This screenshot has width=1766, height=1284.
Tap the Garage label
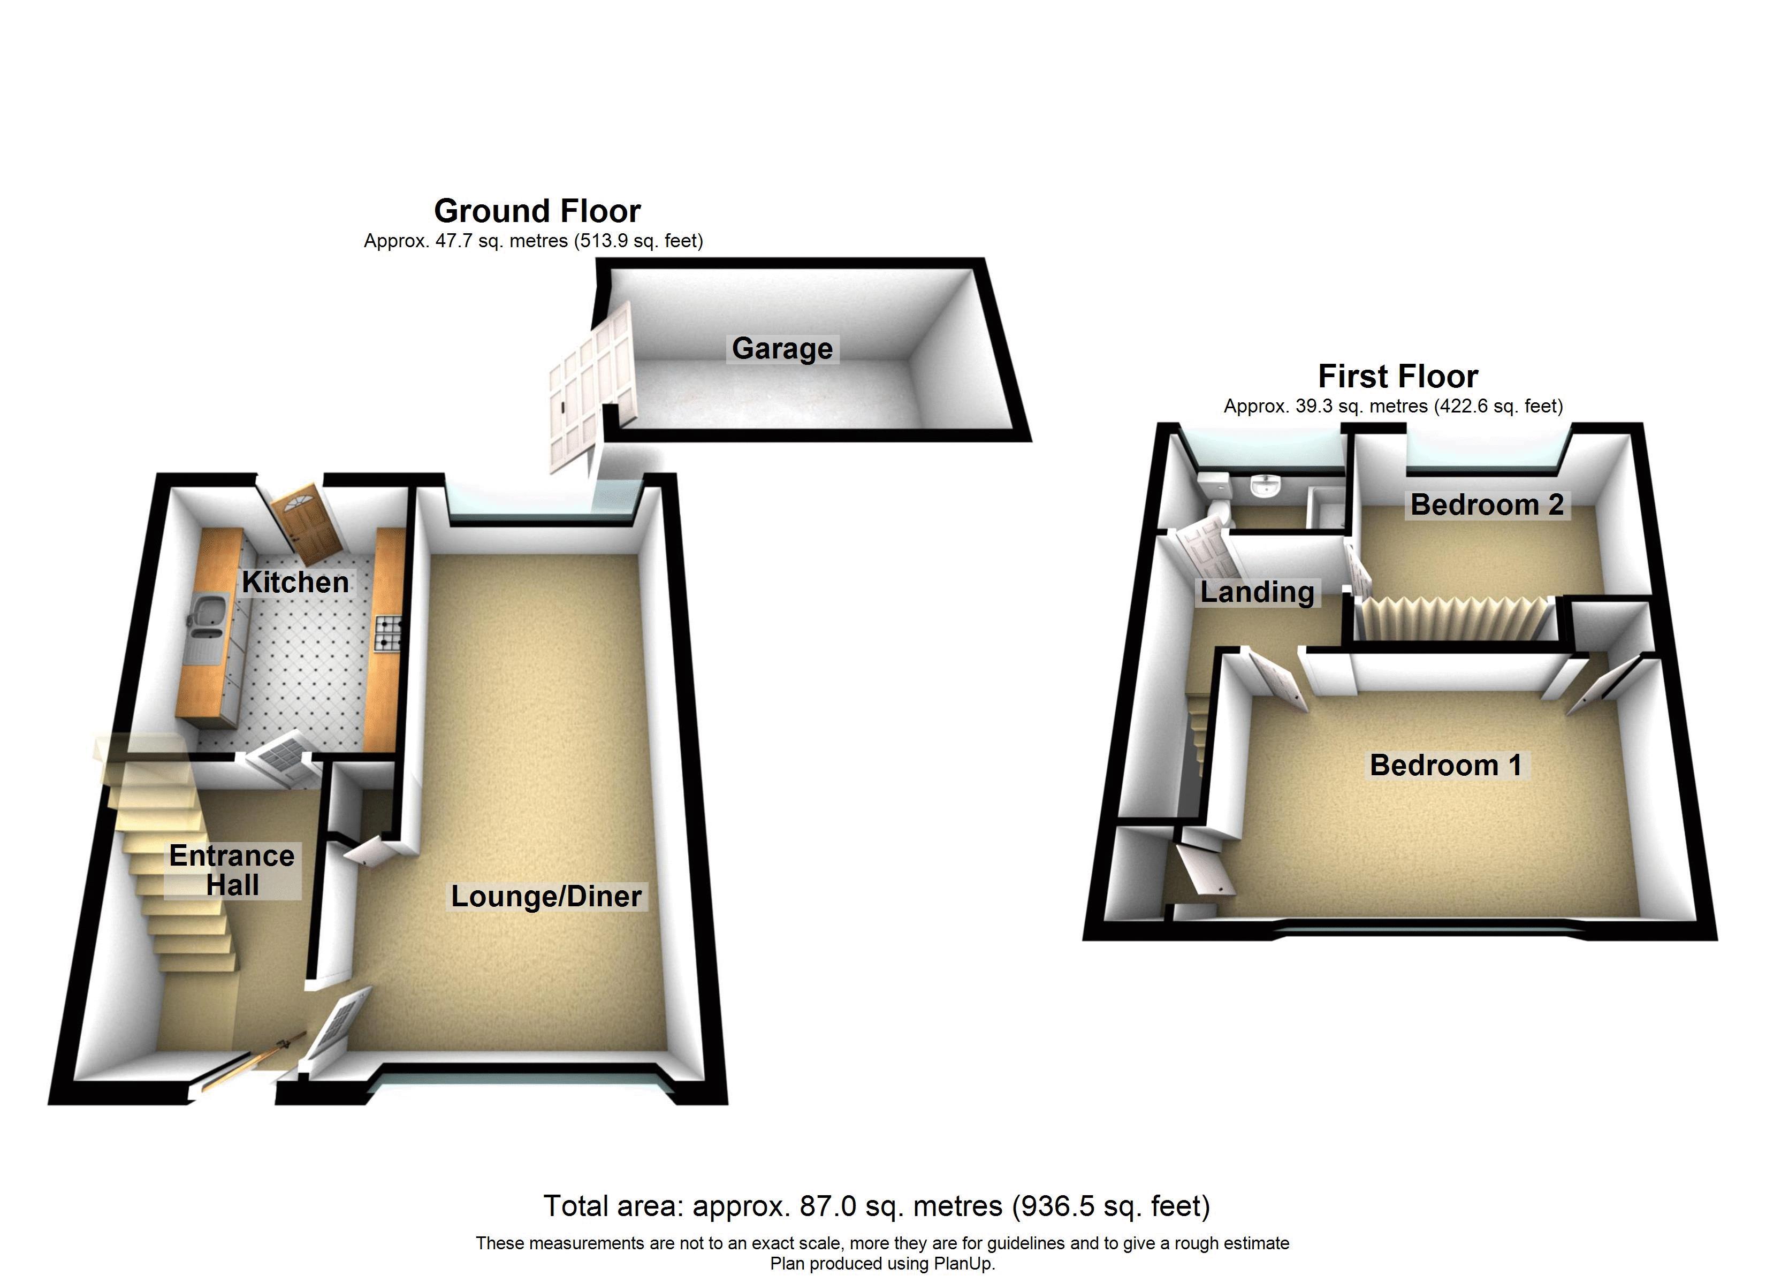point(782,348)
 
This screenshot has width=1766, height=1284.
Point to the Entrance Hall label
point(232,870)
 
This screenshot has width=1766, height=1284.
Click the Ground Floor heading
point(537,211)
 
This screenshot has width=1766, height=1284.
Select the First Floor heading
point(1398,376)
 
